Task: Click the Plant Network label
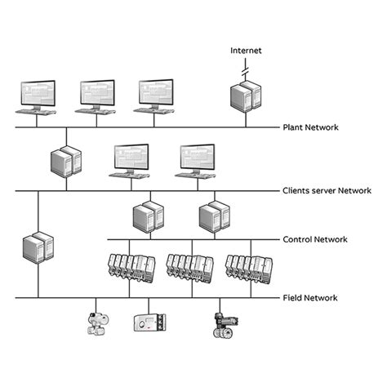pos(311,127)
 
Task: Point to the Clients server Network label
pos(327,190)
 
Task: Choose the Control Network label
pos(315,239)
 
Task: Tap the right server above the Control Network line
pos(211,216)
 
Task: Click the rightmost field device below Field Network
pos(221,324)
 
